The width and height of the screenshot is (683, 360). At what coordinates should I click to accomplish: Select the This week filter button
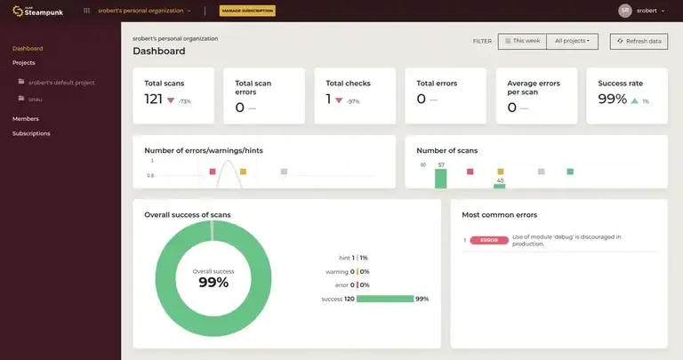click(522, 41)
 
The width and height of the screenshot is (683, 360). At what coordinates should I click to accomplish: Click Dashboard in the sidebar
click(28, 48)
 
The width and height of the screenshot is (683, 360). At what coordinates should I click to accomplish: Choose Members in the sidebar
click(26, 118)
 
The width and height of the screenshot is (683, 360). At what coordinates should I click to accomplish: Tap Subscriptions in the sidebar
click(31, 133)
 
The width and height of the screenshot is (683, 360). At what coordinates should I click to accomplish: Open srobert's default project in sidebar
click(61, 83)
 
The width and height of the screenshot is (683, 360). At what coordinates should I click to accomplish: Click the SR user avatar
click(625, 11)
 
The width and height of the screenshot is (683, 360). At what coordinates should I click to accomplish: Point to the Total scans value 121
click(154, 100)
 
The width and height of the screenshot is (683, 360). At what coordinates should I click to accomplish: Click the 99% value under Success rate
click(612, 100)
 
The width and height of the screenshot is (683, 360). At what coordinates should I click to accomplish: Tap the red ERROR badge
click(489, 240)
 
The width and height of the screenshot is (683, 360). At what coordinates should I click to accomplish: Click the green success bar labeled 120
click(385, 299)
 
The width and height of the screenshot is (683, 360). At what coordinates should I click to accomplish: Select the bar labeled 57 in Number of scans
click(440, 178)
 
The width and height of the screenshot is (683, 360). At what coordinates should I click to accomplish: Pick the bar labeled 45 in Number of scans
click(500, 185)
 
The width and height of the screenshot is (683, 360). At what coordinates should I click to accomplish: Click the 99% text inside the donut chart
click(213, 283)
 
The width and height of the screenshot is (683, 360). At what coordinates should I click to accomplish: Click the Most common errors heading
click(500, 214)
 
